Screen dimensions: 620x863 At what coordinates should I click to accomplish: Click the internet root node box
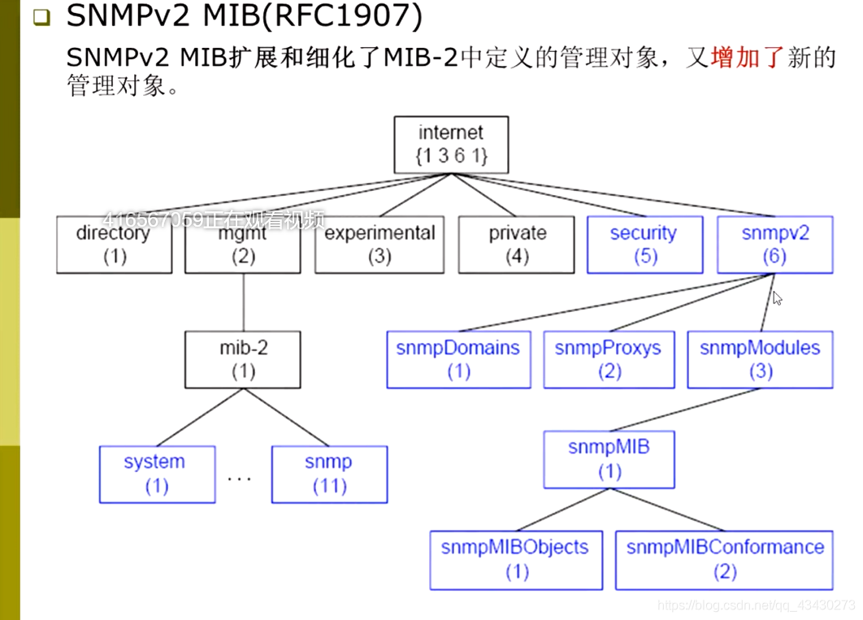click(x=450, y=145)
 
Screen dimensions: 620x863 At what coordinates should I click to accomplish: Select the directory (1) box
click(x=114, y=245)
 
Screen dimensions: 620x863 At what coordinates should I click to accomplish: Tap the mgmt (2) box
click(x=242, y=245)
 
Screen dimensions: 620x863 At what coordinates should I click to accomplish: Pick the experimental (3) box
click(x=379, y=245)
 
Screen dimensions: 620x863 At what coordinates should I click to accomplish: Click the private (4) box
click(x=517, y=245)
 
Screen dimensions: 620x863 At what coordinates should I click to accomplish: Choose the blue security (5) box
click(x=643, y=245)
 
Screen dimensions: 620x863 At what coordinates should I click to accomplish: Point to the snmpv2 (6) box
click(x=774, y=245)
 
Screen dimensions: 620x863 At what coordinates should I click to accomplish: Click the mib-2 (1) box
click(x=242, y=359)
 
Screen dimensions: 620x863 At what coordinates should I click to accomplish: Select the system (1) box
click(x=156, y=474)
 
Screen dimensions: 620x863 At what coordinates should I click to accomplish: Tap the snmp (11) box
click(x=329, y=474)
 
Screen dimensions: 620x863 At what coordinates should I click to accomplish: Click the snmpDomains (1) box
click(x=458, y=359)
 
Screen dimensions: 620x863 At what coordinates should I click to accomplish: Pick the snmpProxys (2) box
click(x=608, y=359)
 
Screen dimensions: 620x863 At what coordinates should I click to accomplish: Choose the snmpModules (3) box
click(x=760, y=359)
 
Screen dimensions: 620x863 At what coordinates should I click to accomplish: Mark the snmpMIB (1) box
click(x=609, y=459)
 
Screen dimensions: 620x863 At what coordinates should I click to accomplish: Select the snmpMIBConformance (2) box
click(x=724, y=559)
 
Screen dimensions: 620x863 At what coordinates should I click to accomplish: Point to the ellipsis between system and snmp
click(x=240, y=479)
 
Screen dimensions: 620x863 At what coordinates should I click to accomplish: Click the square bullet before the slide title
click(x=41, y=19)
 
